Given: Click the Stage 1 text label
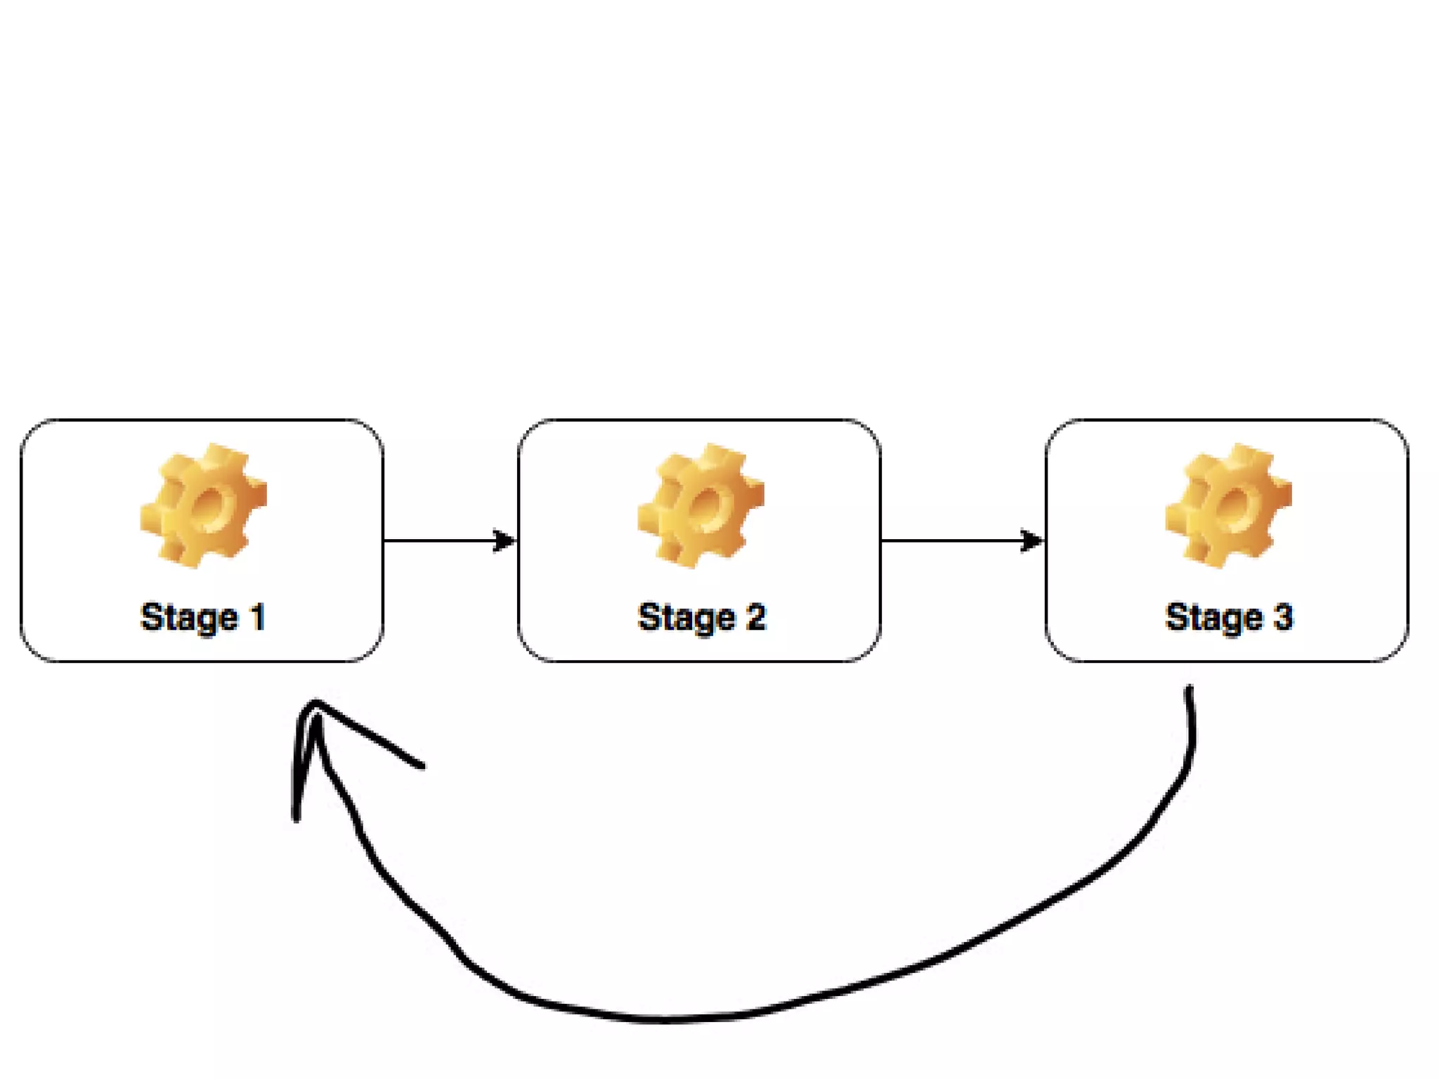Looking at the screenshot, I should (203, 618).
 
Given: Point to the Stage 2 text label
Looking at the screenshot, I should (701, 618).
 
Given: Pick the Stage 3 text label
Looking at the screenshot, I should (1229, 618).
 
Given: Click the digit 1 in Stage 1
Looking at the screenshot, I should (258, 616).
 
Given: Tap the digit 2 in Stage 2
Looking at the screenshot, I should (756, 616).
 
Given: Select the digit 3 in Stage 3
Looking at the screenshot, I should (1283, 616).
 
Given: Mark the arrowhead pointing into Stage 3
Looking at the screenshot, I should (1031, 541).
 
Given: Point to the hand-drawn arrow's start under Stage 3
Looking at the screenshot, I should (1190, 692).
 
